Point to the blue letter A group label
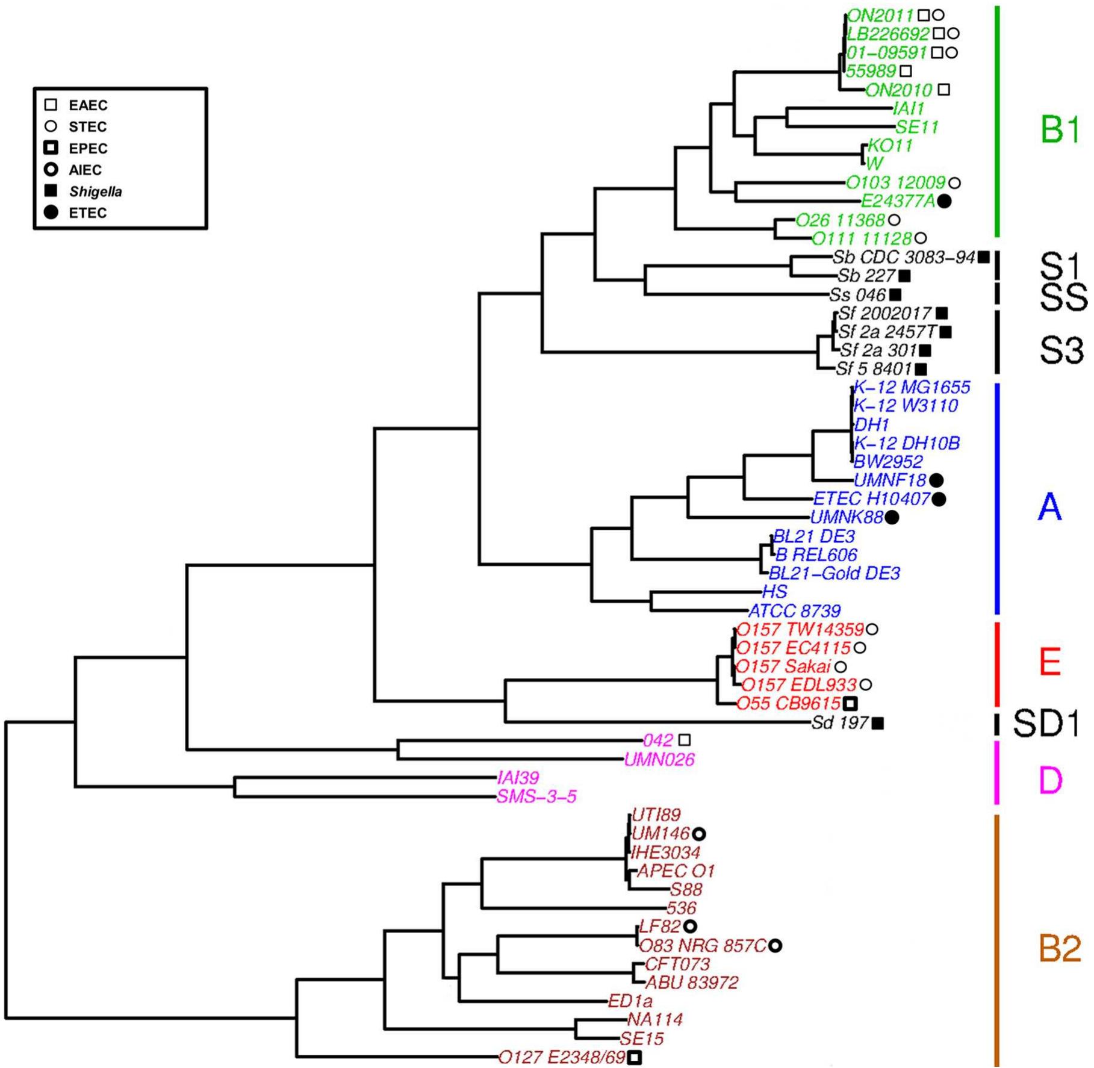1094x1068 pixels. coord(1049,507)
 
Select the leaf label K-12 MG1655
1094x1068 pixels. coord(912,387)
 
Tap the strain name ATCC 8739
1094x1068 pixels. coord(794,611)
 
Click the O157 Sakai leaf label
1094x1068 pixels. coord(783,667)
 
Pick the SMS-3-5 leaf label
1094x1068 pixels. coord(536,796)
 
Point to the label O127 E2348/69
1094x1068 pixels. coord(562,1058)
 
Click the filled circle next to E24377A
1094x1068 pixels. coord(944,202)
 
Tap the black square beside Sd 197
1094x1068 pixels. coord(878,723)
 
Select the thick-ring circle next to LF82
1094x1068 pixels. coord(690,926)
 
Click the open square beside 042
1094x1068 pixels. coord(685,740)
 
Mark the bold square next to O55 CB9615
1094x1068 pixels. coord(850,703)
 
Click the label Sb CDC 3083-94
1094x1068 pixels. coord(903,258)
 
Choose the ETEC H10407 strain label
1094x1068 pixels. coord(872,498)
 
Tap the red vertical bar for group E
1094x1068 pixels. coord(996,663)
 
